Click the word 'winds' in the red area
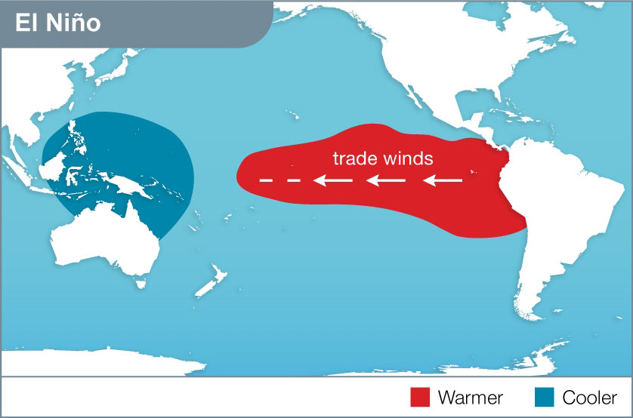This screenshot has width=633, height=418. pyautogui.click(x=408, y=158)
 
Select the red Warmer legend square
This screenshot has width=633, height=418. pyautogui.click(x=420, y=397)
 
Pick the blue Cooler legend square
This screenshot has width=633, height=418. pyautogui.click(x=545, y=397)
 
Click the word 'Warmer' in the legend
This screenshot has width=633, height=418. pyautogui.click(x=470, y=397)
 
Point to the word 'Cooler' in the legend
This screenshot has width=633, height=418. pyautogui.click(x=590, y=397)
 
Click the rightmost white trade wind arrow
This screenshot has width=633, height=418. pyautogui.click(x=443, y=180)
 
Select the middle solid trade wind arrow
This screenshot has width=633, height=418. pyautogui.click(x=387, y=180)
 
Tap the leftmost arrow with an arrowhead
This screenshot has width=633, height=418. pyautogui.click(x=333, y=180)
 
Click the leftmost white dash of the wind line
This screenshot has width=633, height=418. pyautogui.click(x=265, y=180)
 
